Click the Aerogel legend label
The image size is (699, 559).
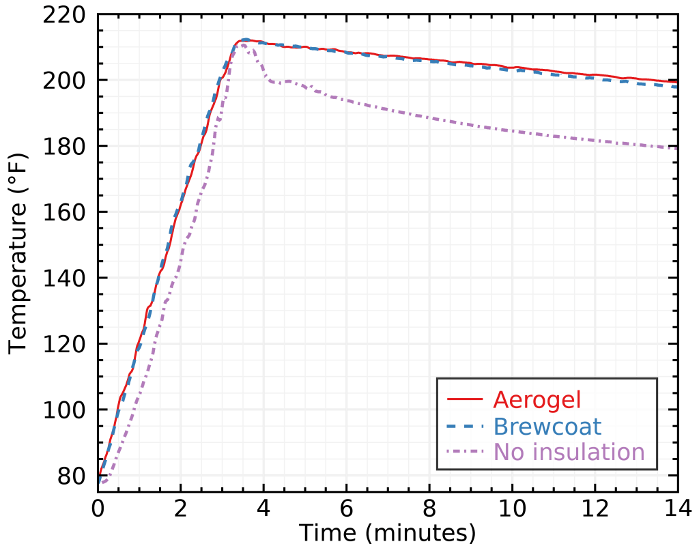pyautogui.click(x=537, y=399)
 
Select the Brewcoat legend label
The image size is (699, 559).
pyautogui.click(x=547, y=426)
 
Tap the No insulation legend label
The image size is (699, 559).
pyautogui.click(x=569, y=452)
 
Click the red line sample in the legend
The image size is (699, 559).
pyautogui.click(x=464, y=399)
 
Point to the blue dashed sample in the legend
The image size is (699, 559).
pyautogui.click(x=464, y=426)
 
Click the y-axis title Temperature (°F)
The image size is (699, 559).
pyautogui.click(x=18, y=253)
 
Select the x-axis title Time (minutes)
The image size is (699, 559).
pyautogui.click(x=387, y=532)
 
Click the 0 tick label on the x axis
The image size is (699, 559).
pyautogui.click(x=98, y=509)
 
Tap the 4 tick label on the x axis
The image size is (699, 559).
pyautogui.click(x=263, y=509)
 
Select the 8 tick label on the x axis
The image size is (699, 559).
pyautogui.click(x=429, y=509)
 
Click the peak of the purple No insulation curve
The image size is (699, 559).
pyautogui.click(x=245, y=44)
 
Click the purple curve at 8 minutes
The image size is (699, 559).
pyautogui.click(x=429, y=117)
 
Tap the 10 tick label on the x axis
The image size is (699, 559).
pyautogui.click(x=512, y=509)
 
